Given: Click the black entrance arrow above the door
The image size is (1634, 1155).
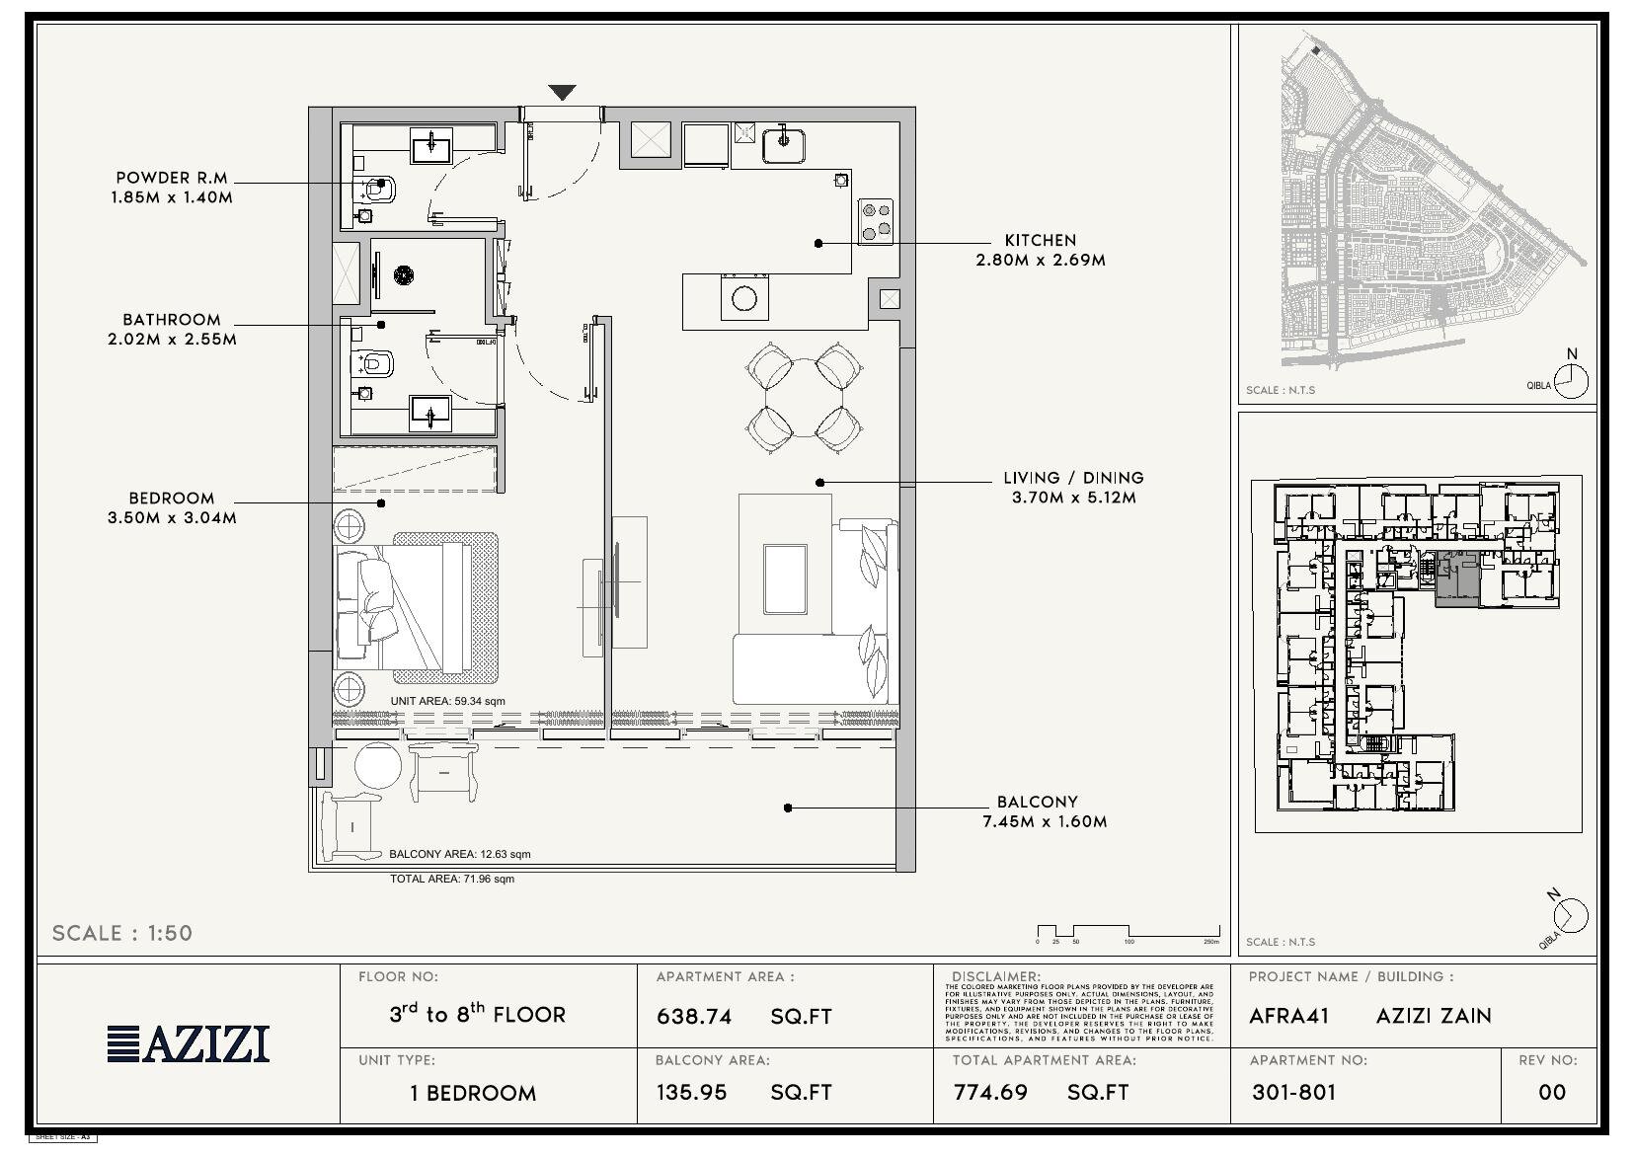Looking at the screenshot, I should [x=562, y=93].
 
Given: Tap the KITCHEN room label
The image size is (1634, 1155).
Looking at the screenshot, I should [x=1040, y=240].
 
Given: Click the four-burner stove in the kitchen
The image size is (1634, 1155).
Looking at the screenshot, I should [x=875, y=222].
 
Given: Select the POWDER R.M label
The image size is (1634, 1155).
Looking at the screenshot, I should [x=172, y=178].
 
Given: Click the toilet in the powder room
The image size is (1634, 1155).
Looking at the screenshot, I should [x=380, y=188].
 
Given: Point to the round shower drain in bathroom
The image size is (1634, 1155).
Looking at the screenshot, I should [x=403, y=275].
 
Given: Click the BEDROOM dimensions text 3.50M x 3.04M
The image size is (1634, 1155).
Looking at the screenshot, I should [x=172, y=517].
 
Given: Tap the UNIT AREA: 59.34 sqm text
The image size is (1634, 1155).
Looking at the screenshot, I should [x=447, y=701].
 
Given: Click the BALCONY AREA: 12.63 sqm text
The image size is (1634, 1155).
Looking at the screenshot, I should [x=459, y=854].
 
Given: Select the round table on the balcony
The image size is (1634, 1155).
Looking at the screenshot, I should [x=378, y=767].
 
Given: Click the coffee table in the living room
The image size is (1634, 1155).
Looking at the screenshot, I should [x=785, y=577].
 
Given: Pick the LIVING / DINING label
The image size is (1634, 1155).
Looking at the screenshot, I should [x=1073, y=478].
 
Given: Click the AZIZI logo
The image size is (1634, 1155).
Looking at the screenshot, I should [x=189, y=1043].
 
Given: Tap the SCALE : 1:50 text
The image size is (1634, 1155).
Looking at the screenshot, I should [x=121, y=933].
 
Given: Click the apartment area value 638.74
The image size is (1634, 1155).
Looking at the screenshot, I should [x=694, y=1016].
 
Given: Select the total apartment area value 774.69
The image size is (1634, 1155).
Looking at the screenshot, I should [x=990, y=1093].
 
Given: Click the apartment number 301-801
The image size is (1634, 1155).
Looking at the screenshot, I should [x=1293, y=1092].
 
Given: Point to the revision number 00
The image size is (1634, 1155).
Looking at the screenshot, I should [x=1552, y=1092].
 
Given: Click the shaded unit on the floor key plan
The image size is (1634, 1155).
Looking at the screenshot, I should [x=1456, y=581].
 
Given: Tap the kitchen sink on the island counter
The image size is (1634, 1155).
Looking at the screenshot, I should [x=744, y=299].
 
